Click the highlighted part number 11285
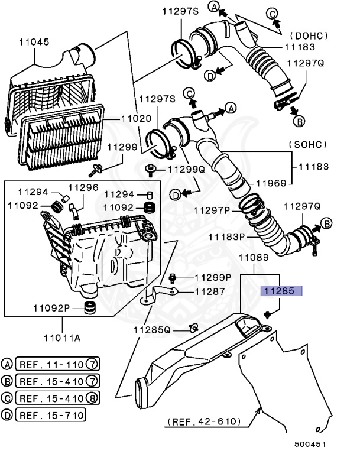tap(282, 290)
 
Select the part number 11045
tap(34, 43)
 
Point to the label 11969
tap(272, 184)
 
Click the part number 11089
tap(254, 258)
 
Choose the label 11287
tap(202, 291)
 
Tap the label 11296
tap(83, 187)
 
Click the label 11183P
tap(226, 236)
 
